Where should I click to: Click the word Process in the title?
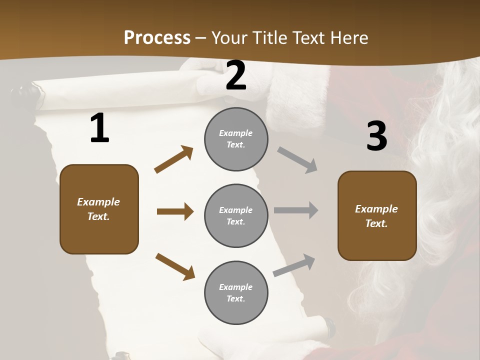pyautogui.click(x=157, y=38)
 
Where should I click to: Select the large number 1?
pyautogui.click(x=99, y=128)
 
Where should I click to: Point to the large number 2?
pyautogui.click(x=236, y=75)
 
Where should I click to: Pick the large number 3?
pyautogui.click(x=376, y=136)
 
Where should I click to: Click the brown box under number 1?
pyautogui.click(x=99, y=209)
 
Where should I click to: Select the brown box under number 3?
pyautogui.click(x=377, y=216)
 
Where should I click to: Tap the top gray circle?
pyautogui.click(x=236, y=139)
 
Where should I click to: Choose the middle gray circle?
pyautogui.click(x=236, y=216)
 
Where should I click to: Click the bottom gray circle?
pyautogui.click(x=236, y=293)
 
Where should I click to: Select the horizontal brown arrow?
pyautogui.click(x=175, y=211)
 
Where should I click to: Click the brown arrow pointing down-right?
pyautogui.click(x=175, y=266)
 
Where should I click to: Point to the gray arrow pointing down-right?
pyautogui.click(x=297, y=160)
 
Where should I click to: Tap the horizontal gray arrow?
pyautogui.click(x=296, y=210)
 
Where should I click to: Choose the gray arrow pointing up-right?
pyautogui.click(x=294, y=265)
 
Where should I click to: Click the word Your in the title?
pyautogui.click(x=230, y=38)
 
